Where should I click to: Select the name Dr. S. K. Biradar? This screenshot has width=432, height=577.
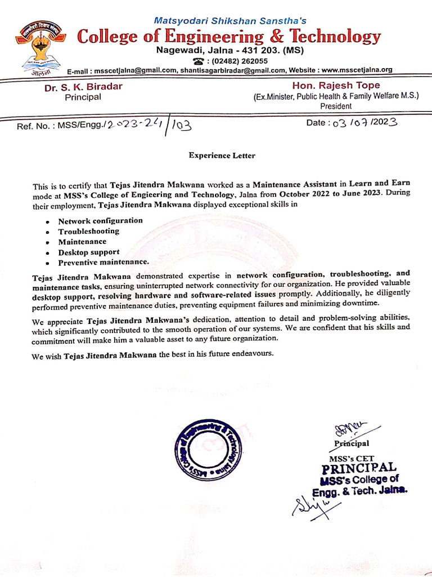click(x=83, y=87)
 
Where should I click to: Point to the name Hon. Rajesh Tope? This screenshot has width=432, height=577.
click(x=336, y=86)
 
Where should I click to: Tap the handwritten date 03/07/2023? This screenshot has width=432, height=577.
click(x=364, y=122)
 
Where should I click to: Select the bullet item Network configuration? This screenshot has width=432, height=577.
click(x=100, y=221)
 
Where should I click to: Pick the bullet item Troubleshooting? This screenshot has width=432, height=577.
click(x=88, y=231)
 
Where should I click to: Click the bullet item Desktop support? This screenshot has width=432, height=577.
click(x=88, y=252)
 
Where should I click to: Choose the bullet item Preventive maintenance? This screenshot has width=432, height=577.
click(x=103, y=262)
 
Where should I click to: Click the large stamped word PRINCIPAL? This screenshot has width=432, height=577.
click(x=359, y=468)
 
